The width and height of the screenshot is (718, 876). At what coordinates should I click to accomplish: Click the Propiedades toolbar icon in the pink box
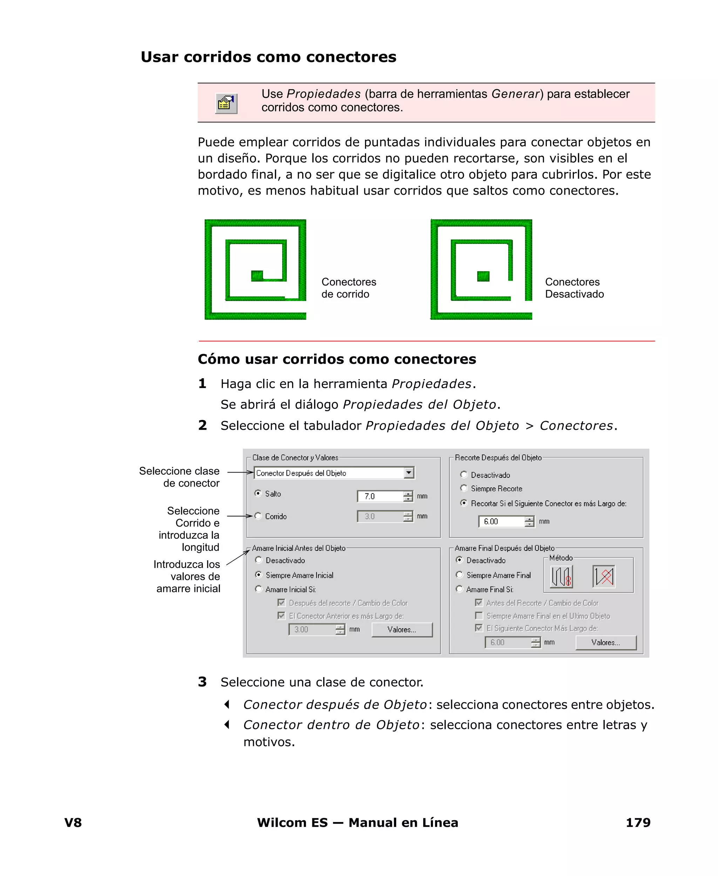tap(226, 103)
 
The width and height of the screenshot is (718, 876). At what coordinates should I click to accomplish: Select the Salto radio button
tap(258, 493)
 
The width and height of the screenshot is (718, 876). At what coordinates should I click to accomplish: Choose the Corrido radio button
tap(258, 516)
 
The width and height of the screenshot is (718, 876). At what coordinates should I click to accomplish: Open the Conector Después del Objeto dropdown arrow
tap(409, 473)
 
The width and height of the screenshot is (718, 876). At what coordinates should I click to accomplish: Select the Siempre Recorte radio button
tap(463, 488)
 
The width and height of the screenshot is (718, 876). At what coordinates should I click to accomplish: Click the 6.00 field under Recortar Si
tap(502, 521)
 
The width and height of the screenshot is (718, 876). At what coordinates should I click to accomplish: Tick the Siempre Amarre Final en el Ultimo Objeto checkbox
tap(479, 616)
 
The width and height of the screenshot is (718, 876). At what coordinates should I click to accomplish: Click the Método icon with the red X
tap(604, 576)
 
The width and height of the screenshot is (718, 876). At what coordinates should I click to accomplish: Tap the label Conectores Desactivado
tap(574, 288)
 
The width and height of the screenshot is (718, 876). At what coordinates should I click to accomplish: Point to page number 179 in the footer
tap(638, 823)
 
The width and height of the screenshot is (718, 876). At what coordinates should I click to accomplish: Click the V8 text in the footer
tap(73, 823)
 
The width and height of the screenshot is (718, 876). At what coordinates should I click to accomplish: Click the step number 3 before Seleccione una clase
tap(202, 682)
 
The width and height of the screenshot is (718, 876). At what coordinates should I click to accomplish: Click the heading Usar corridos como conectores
tap(269, 57)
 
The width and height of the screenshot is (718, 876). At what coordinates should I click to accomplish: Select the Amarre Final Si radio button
tap(459, 589)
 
